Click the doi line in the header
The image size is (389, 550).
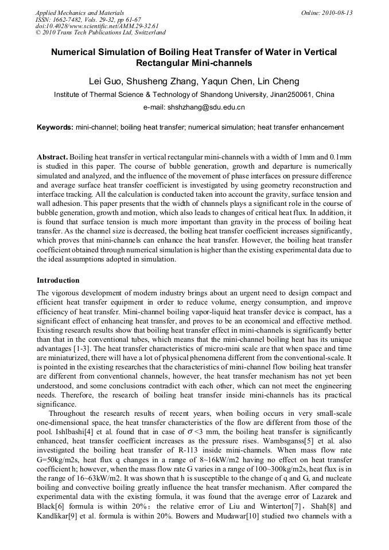click(x=97, y=26)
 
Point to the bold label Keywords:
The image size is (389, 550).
click(x=55, y=127)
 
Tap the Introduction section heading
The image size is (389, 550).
click(x=58, y=280)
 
